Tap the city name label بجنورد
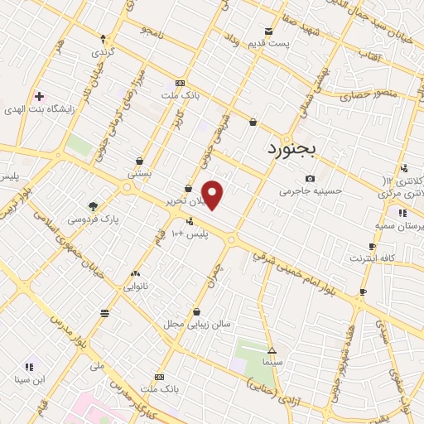click(298, 149)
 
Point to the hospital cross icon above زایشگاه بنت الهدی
click(39, 96)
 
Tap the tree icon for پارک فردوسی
click(93, 206)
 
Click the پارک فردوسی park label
click(92, 219)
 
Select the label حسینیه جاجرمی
click(310, 191)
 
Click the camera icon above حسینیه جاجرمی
click(310, 178)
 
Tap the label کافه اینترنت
click(371, 258)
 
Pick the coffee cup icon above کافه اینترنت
click(372, 246)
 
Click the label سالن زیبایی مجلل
click(195, 324)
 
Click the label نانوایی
click(135, 287)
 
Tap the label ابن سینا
click(29, 380)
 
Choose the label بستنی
click(138, 174)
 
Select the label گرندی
click(103, 52)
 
